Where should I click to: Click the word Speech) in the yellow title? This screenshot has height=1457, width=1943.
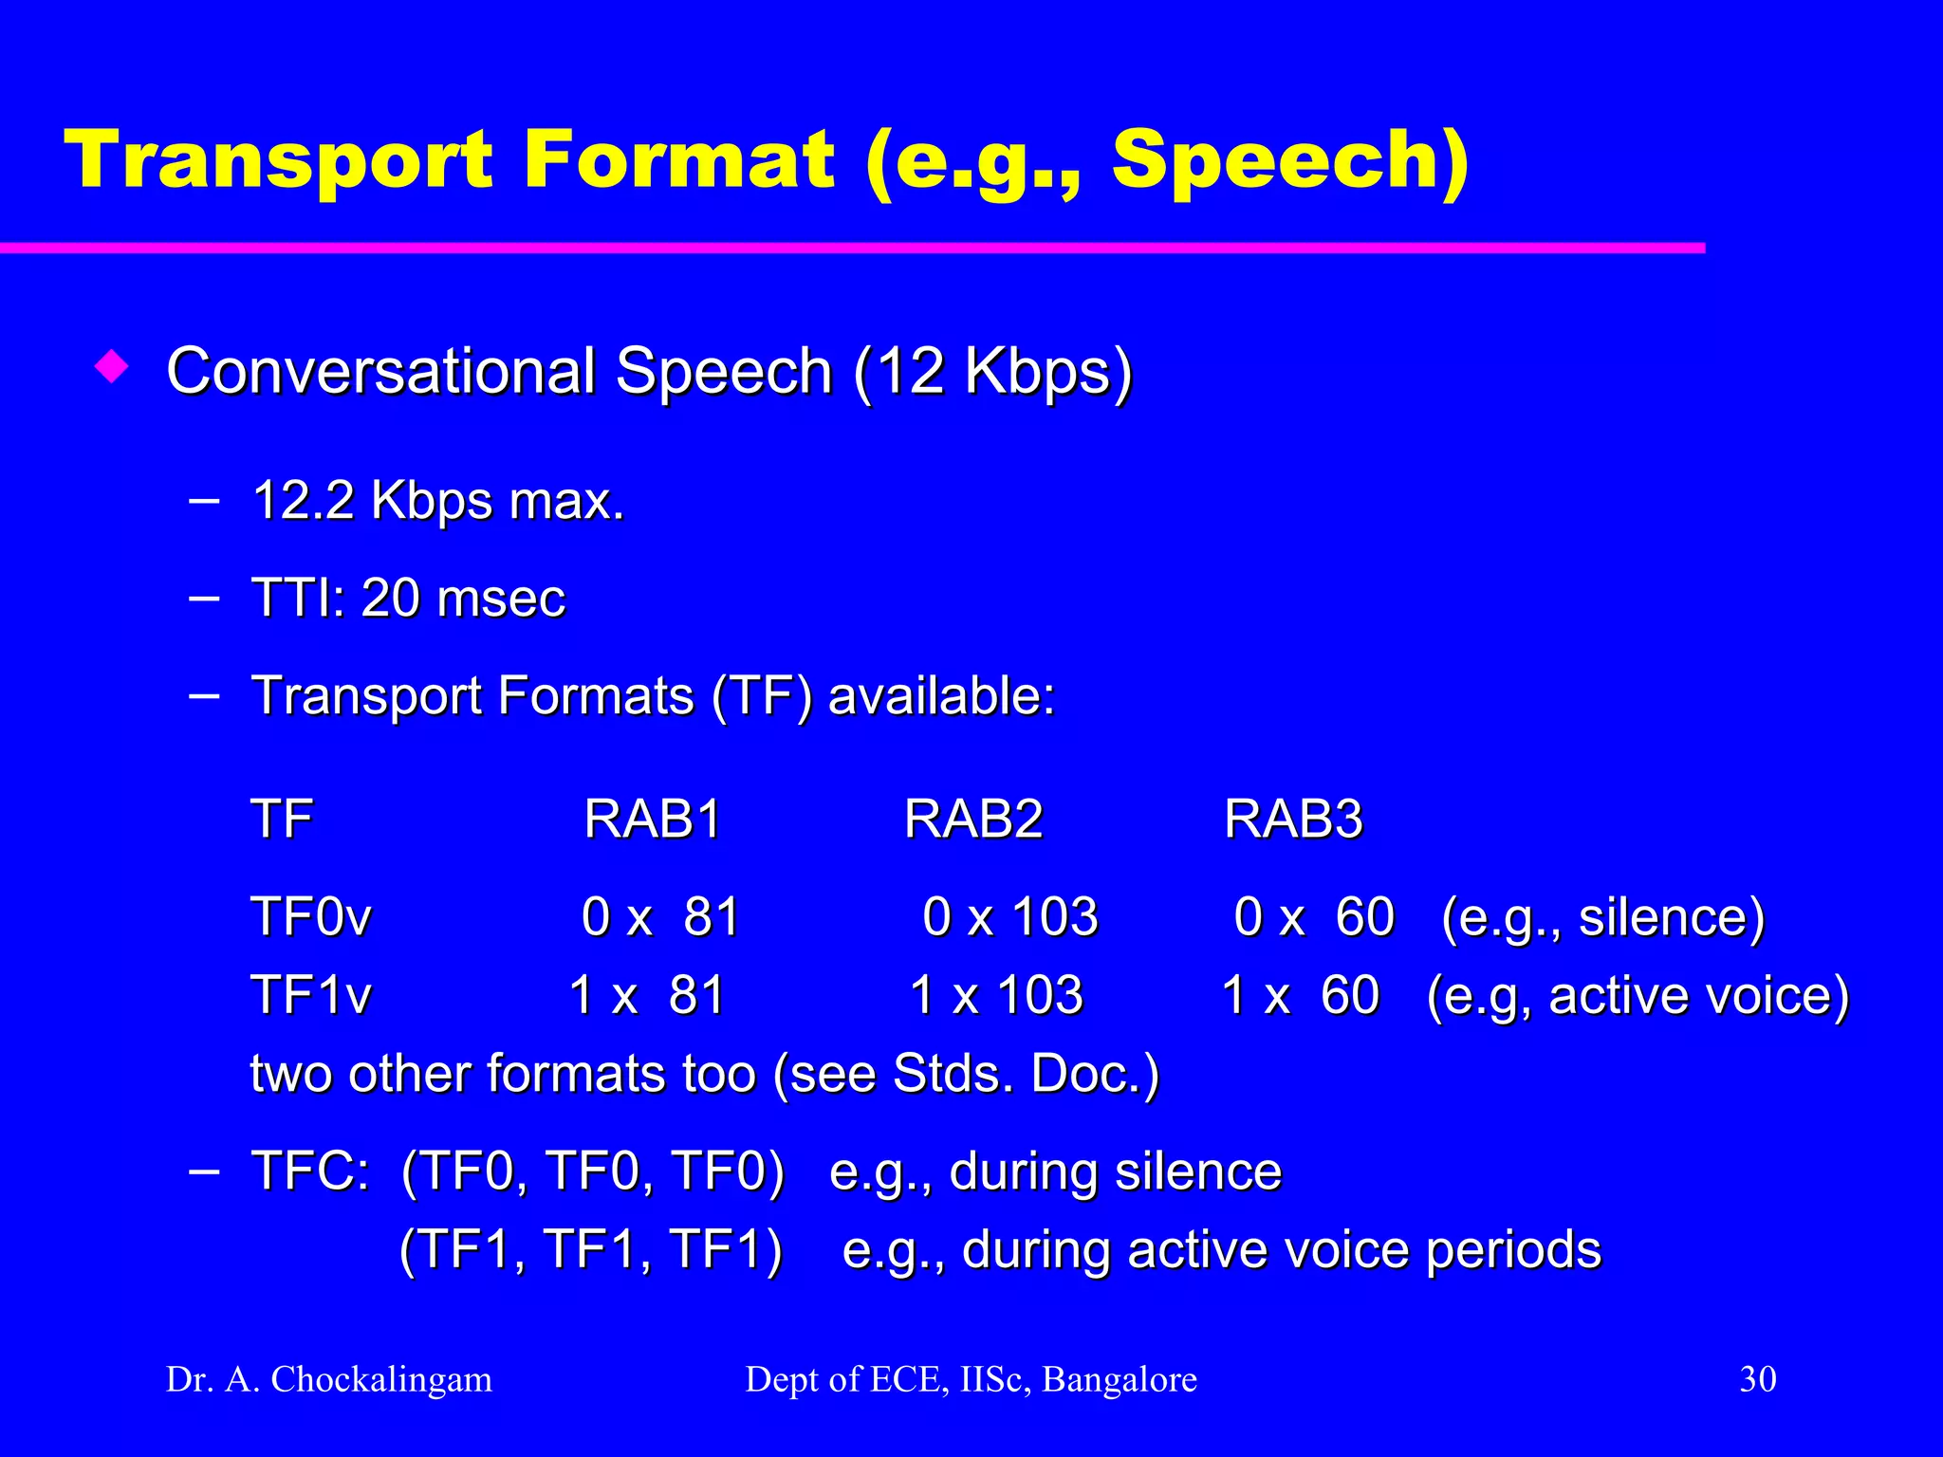[1290, 161]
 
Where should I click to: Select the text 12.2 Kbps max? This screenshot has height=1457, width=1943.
[438, 501]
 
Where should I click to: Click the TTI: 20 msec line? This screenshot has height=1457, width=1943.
[408, 599]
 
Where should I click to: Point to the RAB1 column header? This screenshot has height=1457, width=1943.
[653, 819]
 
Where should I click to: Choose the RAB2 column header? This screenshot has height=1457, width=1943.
[973, 819]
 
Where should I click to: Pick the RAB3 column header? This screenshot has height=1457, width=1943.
[1293, 819]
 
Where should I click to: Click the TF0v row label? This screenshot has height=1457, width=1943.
[311, 917]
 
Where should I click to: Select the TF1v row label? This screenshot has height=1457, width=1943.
[311, 996]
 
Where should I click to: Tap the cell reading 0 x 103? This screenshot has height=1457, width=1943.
[1009, 917]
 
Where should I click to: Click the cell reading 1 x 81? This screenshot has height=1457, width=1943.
[647, 996]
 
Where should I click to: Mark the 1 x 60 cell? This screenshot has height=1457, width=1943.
[1300, 996]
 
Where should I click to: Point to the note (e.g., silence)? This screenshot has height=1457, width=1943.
[1602, 917]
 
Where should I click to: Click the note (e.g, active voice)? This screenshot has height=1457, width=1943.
[1638, 996]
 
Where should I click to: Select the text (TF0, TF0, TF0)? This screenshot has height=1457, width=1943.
[593, 1171]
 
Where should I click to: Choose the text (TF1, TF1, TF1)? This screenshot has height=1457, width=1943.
[591, 1249]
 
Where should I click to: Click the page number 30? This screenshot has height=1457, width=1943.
[1757, 1379]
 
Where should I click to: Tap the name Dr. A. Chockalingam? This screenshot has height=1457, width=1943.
[329, 1379]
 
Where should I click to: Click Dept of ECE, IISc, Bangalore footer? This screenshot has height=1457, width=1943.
[971, 1379]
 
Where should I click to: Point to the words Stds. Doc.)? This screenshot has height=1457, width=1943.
[1026, 1075]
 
